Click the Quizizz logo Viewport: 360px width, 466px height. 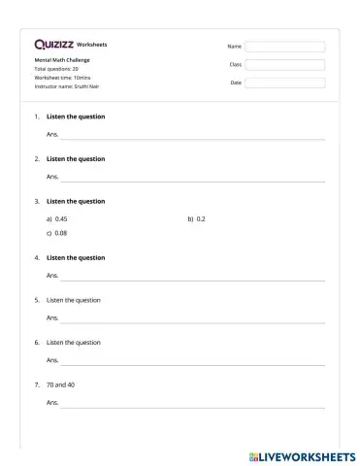coord(52,44)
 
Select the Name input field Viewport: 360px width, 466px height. coord(284,46)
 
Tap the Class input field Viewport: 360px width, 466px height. coord(284,64)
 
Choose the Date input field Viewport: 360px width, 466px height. coord(284,83)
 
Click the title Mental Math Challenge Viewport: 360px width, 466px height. coord(62,60)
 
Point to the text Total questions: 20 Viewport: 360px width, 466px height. coord(56,69)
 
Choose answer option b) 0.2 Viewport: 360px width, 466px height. coord(197,219)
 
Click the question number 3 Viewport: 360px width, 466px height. coord(37,201)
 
